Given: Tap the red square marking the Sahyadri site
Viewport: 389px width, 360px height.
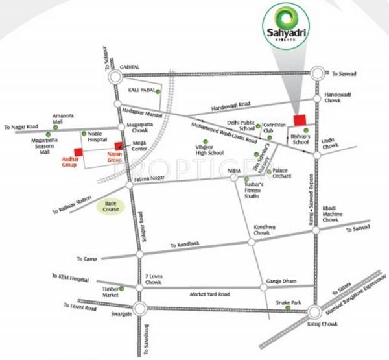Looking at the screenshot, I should point(300,120).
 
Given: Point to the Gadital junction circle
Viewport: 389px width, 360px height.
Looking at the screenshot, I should point(116,77).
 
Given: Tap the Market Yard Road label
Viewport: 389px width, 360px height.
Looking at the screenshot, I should point(209,294).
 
